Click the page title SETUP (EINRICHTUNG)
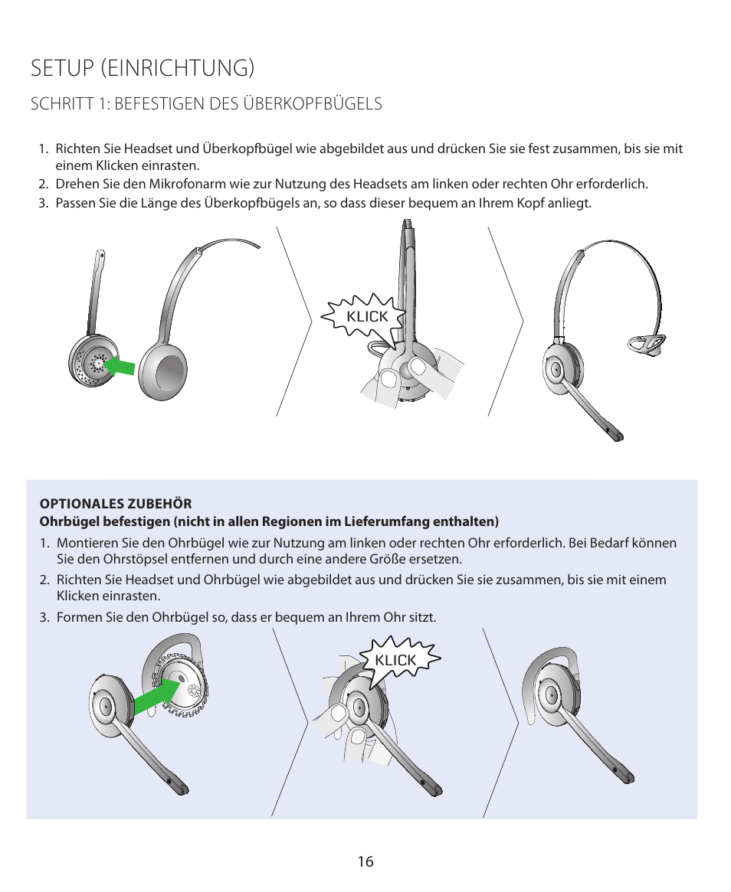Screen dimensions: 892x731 click(x=143, y=67)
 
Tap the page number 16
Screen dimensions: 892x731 click(x=365, y=861)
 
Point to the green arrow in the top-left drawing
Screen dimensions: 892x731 click(x=120, y=366)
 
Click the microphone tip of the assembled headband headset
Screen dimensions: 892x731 click(x=615, y=435)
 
